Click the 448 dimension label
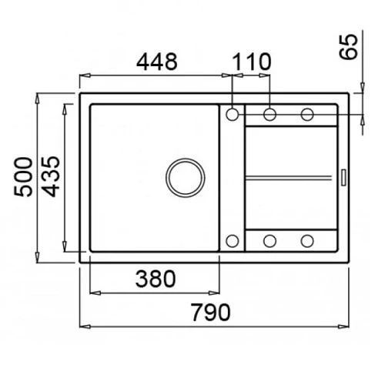(x=156, y=62)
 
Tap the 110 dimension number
(x=252, y=62)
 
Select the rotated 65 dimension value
(x=348, y=47)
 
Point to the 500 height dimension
(x=23, y=177)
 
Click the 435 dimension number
(x=51, y=176)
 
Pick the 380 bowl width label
(x=156, y=279)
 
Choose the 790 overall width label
(x=210, y=312)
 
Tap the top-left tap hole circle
(x=233, y=114)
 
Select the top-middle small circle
(x=269, y=114)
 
